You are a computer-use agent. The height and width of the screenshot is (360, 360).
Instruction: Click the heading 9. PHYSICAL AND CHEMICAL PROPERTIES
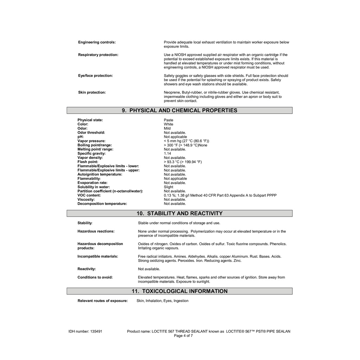click(x=179, y=110)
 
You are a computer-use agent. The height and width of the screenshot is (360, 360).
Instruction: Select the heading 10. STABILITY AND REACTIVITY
click(x=179, y=213)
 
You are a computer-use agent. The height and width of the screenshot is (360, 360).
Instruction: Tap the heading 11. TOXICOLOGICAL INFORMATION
click(x=179, y=291)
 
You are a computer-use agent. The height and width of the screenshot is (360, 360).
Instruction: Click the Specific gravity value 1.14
click(x=167, y=154)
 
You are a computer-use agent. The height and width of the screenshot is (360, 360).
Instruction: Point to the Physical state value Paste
click(x=168, y=120)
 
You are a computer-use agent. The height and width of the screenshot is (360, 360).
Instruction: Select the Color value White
click(x=168, y=124)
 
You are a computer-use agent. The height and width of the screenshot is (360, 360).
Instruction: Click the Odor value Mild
click(x=167, y=129)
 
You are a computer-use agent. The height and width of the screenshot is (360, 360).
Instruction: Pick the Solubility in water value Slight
click(x=168, y=187)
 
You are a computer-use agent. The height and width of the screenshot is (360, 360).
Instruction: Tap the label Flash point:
click(x=88, y=162)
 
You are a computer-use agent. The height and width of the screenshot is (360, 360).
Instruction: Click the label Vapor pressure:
click(x=91, y=141)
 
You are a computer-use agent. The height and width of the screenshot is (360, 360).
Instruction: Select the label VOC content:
click(x=89, y=195)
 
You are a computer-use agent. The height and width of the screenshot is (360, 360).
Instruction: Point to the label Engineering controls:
click(x=97, y=43)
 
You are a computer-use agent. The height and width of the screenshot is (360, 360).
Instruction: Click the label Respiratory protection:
click(x=98, y=55)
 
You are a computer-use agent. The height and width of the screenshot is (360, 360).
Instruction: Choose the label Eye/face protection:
click(x=95, y=76)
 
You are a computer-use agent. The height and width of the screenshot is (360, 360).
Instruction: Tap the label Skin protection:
click(x=92, y=92)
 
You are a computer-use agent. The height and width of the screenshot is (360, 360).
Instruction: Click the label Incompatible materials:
click(x=98, y=257)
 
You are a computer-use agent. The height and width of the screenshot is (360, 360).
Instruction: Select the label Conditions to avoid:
click(x=95, y=277)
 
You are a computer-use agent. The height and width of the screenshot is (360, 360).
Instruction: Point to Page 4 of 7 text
click(x=183, y=336)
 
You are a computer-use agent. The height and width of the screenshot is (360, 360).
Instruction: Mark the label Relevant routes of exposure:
click(x=102, y=301)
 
